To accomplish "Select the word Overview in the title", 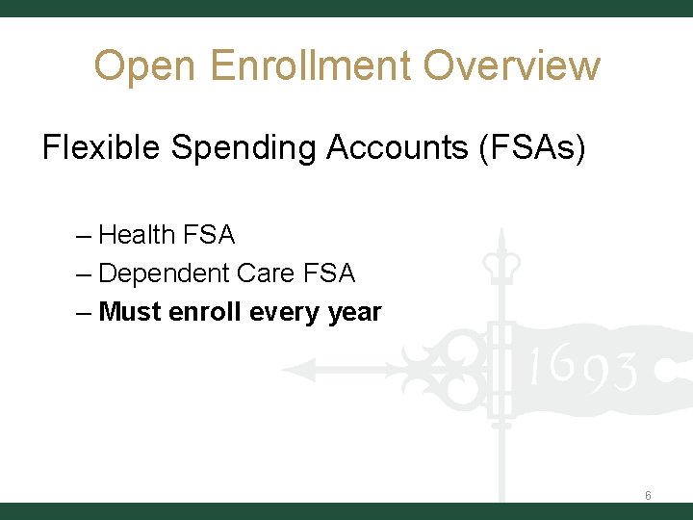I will [x=511, y=66].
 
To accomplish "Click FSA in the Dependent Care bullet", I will [x=328, y=273].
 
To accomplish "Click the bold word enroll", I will [x=205, y=313].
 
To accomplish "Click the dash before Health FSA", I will [x=83, y=235].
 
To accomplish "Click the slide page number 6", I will [x=648, y=496].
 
